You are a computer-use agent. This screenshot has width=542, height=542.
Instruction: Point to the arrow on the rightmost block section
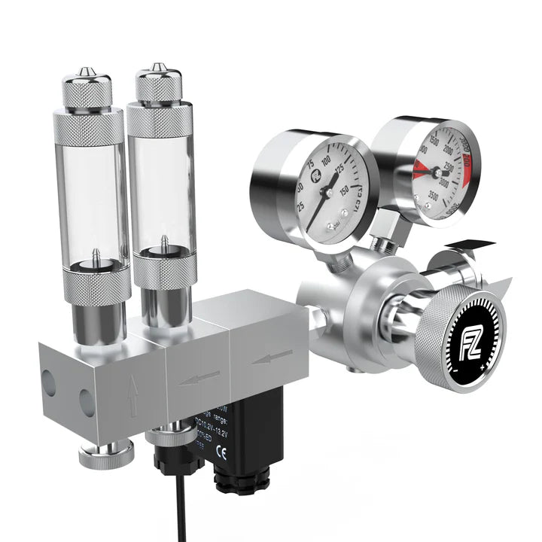coord(272,356)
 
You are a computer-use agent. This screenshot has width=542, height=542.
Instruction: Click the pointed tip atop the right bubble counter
coord(157,69)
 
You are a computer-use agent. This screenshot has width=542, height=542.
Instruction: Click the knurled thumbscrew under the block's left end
coord(105,453)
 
